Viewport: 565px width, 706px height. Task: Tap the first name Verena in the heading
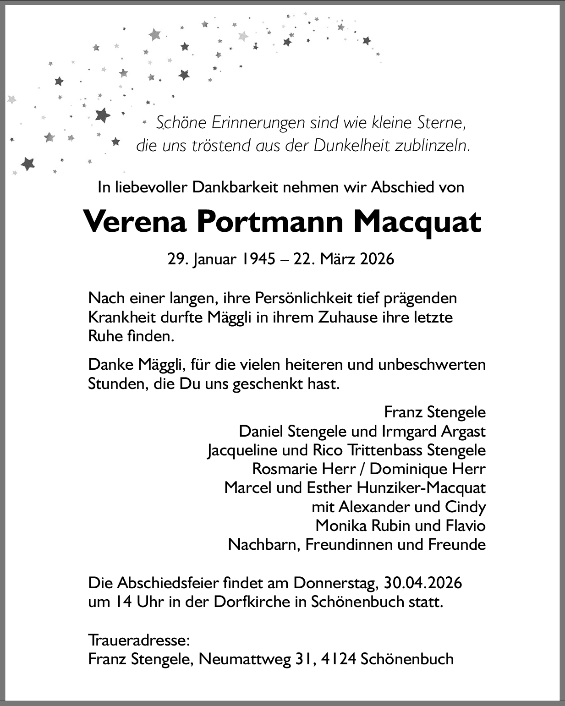[135, 222]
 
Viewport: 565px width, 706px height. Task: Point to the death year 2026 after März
[377, 259]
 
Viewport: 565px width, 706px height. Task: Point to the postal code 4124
[339, 659]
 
